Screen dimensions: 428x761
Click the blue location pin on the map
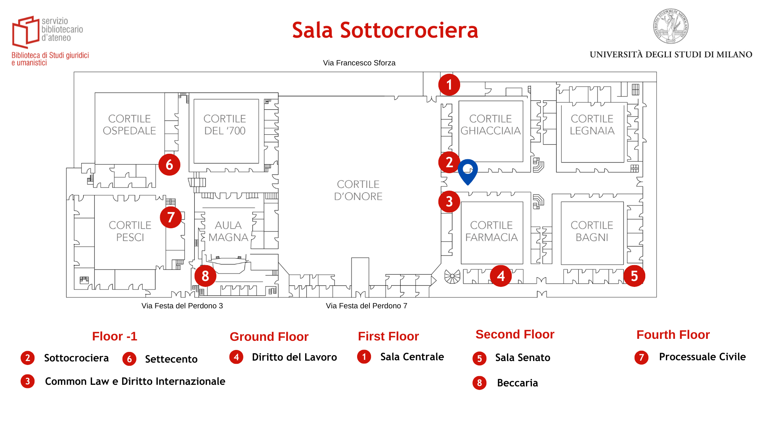point(468,170)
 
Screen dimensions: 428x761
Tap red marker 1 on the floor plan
point(449,85)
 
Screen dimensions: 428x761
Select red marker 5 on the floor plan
point(634,276)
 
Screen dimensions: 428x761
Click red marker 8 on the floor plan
point(205,276)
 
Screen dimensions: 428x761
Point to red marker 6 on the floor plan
point(169,165)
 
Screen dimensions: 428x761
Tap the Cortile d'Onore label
point(358,190)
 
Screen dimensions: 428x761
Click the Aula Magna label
point(228,231)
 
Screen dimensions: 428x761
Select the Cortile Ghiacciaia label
point(490,125)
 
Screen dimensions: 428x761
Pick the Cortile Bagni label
point(592,231)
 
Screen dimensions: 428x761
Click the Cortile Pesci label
point(130,231)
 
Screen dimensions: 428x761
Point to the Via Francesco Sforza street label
point(359,63)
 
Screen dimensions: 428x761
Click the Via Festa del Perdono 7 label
point(366,306)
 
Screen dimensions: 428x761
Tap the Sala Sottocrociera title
point(385,30)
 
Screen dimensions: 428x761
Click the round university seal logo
point(671,26)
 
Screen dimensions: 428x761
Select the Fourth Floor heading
point(673,335)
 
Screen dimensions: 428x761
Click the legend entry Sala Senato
point(522,358)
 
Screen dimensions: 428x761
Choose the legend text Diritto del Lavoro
point(294,357)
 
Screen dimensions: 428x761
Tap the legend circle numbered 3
point(28,381)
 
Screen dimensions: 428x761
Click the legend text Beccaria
point(517,383)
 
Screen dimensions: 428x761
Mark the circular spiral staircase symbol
point(452,276)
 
